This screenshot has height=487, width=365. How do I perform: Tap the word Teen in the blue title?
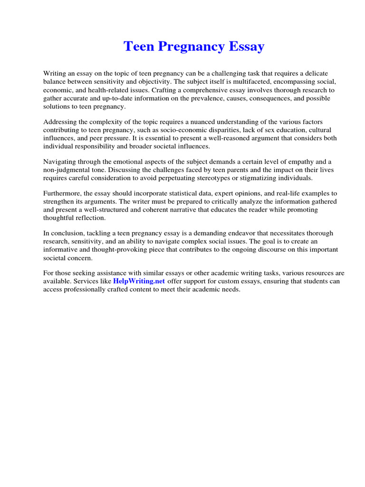[138, 47]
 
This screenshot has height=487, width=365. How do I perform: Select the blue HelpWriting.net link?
[139, 281]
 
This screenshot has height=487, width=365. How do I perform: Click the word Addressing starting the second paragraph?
[61, 122]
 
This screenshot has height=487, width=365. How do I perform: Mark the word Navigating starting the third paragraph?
[61, 161]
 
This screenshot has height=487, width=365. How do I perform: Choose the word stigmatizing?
[269, 177]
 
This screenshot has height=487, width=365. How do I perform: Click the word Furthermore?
[63, 193]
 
